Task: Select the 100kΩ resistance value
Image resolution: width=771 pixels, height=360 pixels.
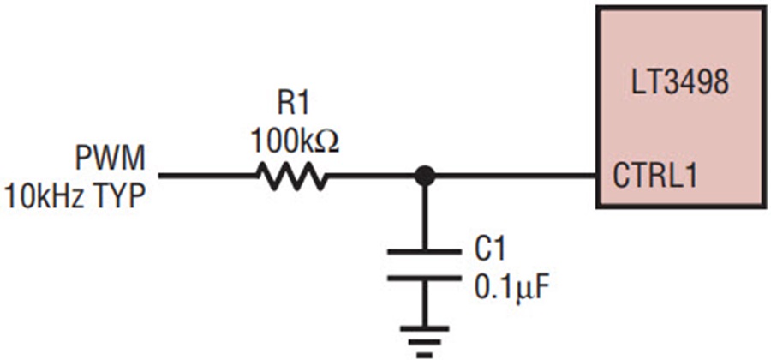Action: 294,142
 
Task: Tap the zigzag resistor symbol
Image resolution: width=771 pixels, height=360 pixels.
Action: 292,177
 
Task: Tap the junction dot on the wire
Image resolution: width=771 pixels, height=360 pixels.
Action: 424,176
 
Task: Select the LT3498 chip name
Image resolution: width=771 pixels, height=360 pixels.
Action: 680,85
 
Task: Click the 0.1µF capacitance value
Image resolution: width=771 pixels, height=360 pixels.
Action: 511,290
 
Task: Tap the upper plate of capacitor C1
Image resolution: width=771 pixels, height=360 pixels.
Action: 424,252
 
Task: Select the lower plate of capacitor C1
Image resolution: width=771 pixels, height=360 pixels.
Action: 424,279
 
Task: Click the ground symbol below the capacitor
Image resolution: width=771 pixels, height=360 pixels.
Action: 424,341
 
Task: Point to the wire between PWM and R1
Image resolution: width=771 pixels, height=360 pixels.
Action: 207,176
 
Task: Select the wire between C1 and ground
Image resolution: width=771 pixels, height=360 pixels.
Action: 424,303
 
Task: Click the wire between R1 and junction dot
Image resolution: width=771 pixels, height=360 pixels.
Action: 371,176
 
